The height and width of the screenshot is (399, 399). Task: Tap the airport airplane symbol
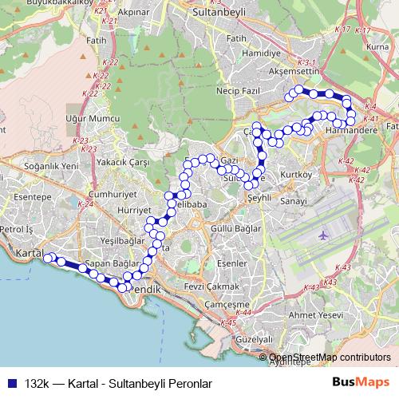322,236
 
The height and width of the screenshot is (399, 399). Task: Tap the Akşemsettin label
294,71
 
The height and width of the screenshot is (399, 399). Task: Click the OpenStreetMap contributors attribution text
329,358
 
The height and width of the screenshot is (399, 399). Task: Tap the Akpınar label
133,14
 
